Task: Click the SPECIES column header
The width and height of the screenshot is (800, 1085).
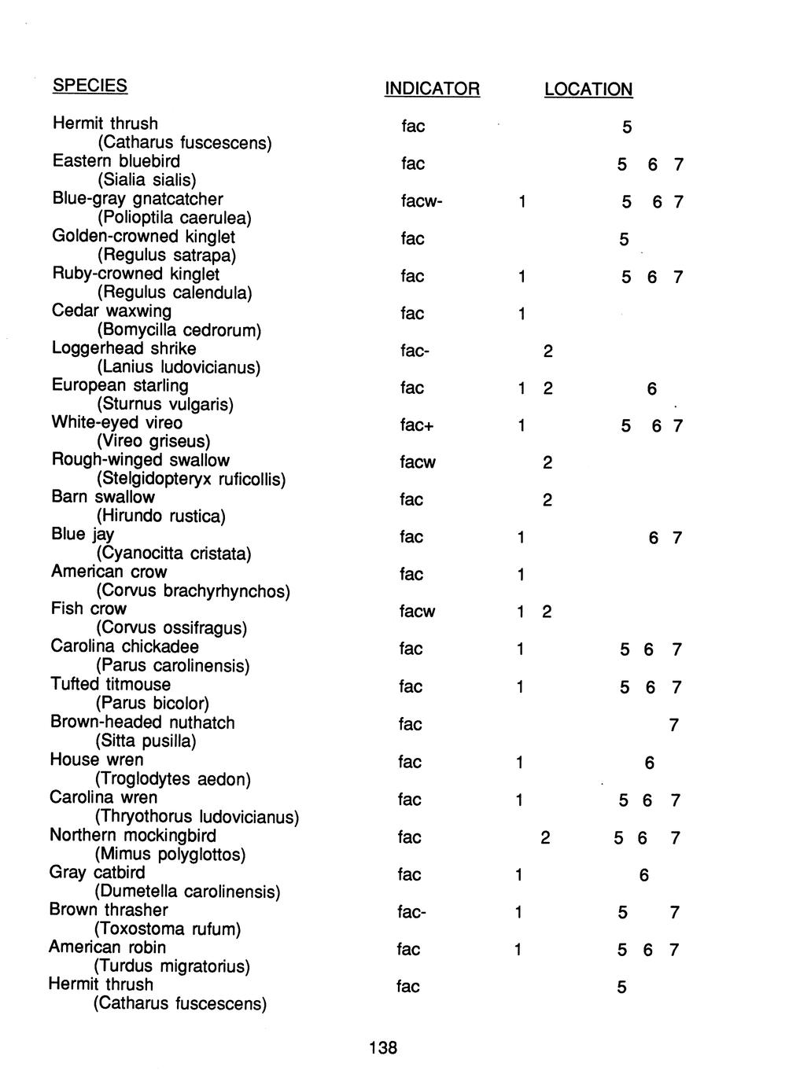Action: pos(90,85)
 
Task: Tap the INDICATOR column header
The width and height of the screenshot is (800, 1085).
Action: pos(431,89)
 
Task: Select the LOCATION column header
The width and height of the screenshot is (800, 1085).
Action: pos(588,90)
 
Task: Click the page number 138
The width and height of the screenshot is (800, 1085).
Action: pos(383,1047)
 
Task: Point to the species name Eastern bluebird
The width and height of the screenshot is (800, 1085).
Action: pos(116,161)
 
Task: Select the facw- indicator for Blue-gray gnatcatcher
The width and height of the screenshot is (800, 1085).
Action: pos(422,202)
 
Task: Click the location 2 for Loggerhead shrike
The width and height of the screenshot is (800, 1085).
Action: pos(547,351)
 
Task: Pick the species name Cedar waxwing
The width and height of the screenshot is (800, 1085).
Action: pos(111,311)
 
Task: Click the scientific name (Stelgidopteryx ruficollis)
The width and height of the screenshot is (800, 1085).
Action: pos(190,479)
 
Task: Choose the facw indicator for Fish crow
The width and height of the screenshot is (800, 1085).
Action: pos(417,612)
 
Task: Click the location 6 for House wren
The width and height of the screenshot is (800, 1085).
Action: pos(649,763)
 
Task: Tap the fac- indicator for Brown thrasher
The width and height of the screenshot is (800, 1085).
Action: pos(412,913)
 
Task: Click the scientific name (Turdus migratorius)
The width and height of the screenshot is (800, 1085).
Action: pos(171,965)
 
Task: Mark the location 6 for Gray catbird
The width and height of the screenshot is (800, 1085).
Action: pos(644,875)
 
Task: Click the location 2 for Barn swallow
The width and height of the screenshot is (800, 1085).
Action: pos(547,500)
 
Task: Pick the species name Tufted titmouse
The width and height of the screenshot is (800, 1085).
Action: pos(110,684)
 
